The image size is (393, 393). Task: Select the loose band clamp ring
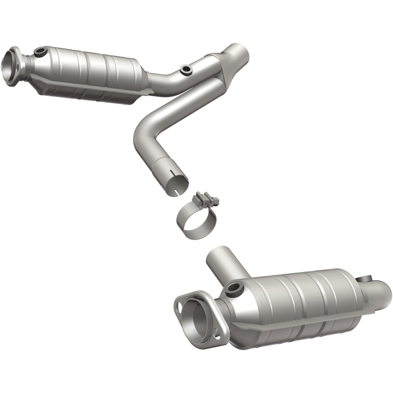point(194,220)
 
